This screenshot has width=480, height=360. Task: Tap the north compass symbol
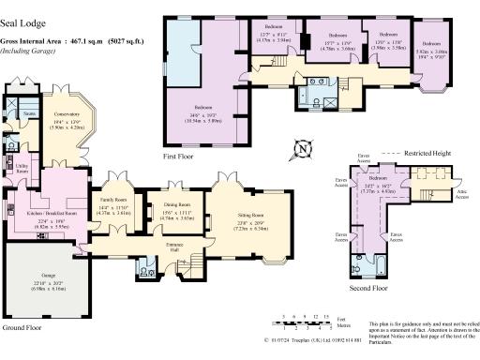302,148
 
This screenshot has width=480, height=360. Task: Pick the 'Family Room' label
112,201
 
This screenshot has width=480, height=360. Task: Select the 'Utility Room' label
21,170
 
